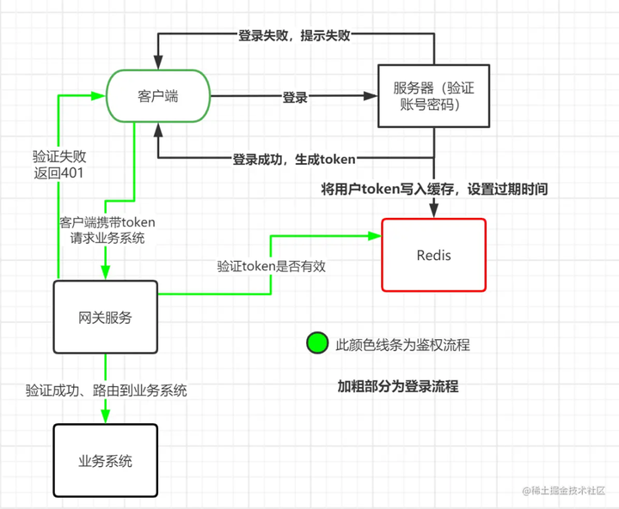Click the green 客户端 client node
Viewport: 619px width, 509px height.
pyautogui.click(x=158, y=96)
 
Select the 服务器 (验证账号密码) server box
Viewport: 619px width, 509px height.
pyautogui.click(x=434, y=96)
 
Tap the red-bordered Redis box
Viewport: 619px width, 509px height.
pyautogui.click(x=434, y=255)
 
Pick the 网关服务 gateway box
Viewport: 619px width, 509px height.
pyautogui.click(x=106, y=317)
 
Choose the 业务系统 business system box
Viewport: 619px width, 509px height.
pyautogui.click(x=106, y=461)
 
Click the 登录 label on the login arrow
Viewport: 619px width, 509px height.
pyautogui.click(x=295, y=97)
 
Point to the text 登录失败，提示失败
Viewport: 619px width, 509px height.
pyautogui.click(x=294, y=35)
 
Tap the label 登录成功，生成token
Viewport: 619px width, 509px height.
pyautogui.click(x=294, y=160)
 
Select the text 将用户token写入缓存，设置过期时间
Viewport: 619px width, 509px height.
pyautogui.click(x=434, y=189)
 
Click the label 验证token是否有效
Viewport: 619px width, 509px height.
pyautogui.click(x=272, y=266)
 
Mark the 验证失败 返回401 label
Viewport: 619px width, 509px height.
pyautogui.click(x=59, y=165)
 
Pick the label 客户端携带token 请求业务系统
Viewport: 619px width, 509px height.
pyautogui.click(x=107, y=230)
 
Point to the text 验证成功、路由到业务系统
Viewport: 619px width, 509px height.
pyautogui.click(x=107, y=391)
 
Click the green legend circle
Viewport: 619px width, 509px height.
pyautogui.click(x=317, y=342)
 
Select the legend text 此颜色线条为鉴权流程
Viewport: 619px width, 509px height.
pyautogui.click(x=402, y=345)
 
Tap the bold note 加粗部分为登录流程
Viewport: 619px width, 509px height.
pyautogui.click(x=398, y=386)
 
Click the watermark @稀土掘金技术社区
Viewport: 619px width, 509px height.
pyautogui.click(x=564, y=490)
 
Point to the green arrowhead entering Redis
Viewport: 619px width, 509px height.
pyautogui.click(x=375, y=236)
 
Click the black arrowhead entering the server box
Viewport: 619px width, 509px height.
pyautogui.click(x=371, y=96)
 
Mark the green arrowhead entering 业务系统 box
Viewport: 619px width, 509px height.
pyautogui.click(x=106, y=417)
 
